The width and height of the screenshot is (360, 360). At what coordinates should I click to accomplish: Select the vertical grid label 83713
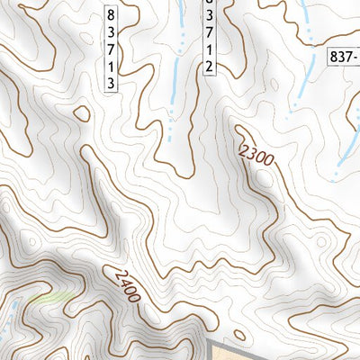tap(111, 49)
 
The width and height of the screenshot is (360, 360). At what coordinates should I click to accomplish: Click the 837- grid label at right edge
tap(343, 57)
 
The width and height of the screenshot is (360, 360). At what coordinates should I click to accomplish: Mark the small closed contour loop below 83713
tap(82, 113)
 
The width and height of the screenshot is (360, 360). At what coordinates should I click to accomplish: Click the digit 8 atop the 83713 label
tap(111, 16)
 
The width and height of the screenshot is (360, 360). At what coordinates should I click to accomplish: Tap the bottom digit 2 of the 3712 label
tap(210, 67)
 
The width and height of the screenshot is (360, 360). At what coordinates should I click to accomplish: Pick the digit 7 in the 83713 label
tap(111, 49)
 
